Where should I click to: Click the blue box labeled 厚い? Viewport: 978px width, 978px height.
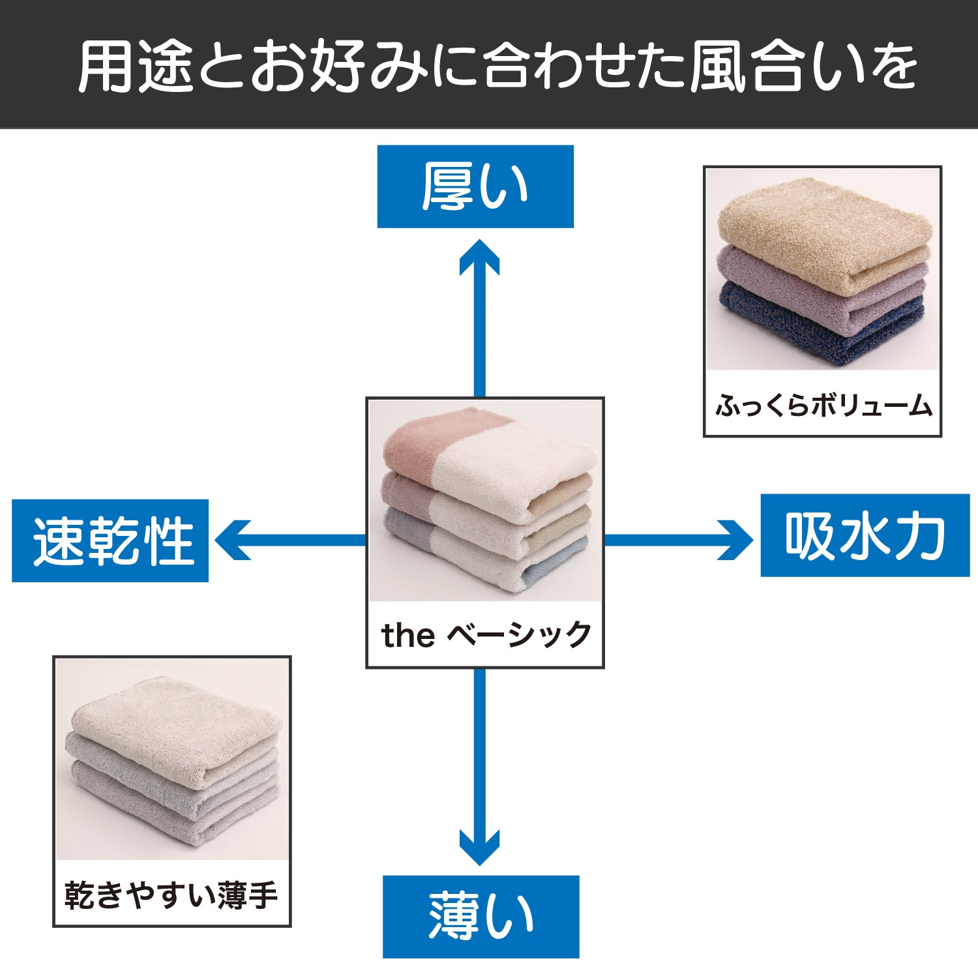pos(475,186)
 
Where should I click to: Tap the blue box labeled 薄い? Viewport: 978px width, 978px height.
pos(481,917)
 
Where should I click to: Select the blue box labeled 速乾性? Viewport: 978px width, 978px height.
pos(110,541)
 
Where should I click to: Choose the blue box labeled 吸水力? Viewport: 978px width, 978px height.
pos(865,535)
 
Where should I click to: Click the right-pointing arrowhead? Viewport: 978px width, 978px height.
pos(735,540)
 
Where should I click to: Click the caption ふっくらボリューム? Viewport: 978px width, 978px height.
pos(823,406)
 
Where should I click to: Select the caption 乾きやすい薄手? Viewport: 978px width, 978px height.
pos(171,895)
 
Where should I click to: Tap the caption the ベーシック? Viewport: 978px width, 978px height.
pos(486,634)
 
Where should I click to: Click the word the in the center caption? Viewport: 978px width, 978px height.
pos(408,635)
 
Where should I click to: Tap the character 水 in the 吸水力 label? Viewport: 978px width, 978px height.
pos(865,535)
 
